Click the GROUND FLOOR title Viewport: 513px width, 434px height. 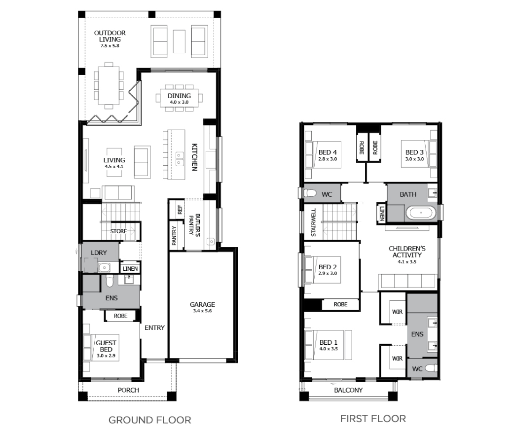coord(150,420)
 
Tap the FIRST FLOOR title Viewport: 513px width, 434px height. coord(373,419)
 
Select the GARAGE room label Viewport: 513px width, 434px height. coord(203,304)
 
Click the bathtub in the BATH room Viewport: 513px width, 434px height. coord(421,213)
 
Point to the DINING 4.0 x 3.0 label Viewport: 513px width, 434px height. coord(179,99)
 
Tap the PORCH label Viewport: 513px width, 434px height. coord(128,390)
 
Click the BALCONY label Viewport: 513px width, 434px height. coord(348,390)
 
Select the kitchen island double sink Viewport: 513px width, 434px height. coord(180,159)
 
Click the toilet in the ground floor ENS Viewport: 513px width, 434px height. coord(110,280)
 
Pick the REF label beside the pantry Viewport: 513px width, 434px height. coord(180,210)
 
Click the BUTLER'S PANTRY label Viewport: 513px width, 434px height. coord(194,224)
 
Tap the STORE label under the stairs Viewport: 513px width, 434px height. coord(118,231)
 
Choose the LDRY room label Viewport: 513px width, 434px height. coord(99,253)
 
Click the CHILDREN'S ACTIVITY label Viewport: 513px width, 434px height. coord(407,255)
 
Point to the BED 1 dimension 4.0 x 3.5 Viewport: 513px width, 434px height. coord(329,349)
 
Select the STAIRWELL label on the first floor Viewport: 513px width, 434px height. coord(313,222)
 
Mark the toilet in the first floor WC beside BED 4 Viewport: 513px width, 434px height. coord(310,193)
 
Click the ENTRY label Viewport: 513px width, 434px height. coord(155,327)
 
